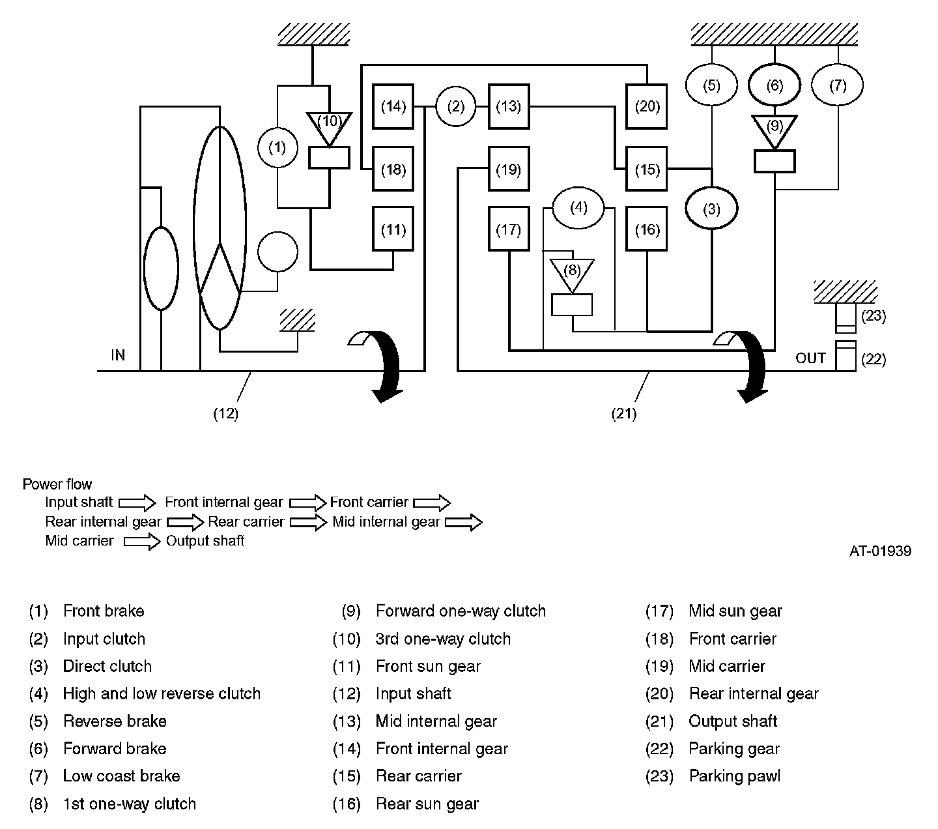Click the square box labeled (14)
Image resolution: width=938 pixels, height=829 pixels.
coord(393,107)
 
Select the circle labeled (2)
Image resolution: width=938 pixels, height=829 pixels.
coord(455,107)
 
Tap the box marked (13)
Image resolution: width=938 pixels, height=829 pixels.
coord(509,107)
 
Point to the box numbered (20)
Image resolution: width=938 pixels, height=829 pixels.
coord(646,107)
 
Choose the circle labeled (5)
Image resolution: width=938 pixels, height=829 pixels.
coord(711,85)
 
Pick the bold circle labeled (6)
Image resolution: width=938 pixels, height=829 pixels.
coord(775,85)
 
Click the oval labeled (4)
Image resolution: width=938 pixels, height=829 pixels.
coord(578,208)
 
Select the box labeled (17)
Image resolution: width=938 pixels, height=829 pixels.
coord(509,229)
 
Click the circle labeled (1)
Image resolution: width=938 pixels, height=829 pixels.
coord(277,147)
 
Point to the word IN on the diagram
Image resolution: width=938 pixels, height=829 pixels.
coord(118,355)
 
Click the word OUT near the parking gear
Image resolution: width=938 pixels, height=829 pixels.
coord(810,358)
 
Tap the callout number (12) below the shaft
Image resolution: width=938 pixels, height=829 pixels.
coord(225,413)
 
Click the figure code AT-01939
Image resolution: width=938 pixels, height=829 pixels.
coord(880,551)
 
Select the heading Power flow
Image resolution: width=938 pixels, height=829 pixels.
coord(57,484)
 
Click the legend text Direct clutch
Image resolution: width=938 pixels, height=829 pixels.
coord(107,666)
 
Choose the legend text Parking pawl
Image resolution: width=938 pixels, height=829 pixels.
coord(734,776)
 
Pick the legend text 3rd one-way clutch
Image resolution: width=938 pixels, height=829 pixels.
coord(443,639)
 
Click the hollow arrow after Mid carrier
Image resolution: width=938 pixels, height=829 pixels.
coord(142,541)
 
